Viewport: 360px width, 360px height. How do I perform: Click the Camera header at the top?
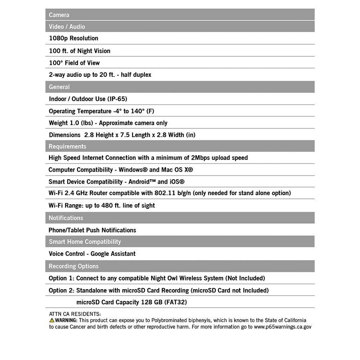(x=59, y=15)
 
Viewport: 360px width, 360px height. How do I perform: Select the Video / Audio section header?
(x=67, y=26)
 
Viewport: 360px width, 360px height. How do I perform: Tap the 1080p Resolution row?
(x=74, y=38)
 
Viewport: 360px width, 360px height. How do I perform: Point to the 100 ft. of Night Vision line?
(x=80, y=51)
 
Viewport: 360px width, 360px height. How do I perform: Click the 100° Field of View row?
(x=74, y=63)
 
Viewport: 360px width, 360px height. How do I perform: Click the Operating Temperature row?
(x=101, y=111)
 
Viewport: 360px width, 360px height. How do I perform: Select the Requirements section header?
(x=67, y=146)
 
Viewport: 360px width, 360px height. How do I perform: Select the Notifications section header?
(x=66, y=218)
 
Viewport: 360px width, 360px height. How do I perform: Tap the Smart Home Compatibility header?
(x=85, y=242)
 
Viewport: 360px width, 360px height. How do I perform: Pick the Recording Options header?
(x=74, y=266)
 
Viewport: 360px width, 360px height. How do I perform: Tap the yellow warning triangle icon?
(x=52, y=320)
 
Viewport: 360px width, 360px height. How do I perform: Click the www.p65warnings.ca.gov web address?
(x=282, y=327)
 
